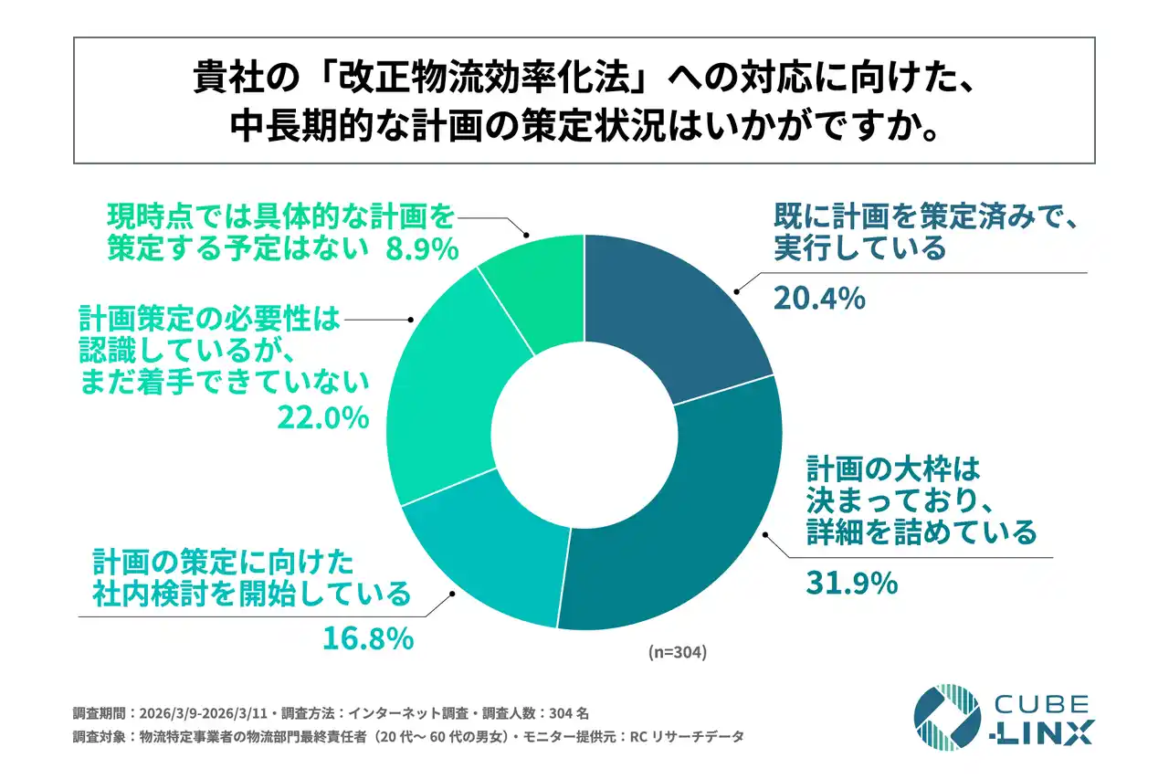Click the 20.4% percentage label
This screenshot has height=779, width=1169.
[819, 298]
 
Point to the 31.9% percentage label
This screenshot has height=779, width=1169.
[851, 582]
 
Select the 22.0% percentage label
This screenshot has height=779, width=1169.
[322, 417]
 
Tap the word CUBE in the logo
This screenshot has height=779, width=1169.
[1040, 704]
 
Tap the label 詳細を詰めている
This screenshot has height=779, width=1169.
[922, 531]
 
